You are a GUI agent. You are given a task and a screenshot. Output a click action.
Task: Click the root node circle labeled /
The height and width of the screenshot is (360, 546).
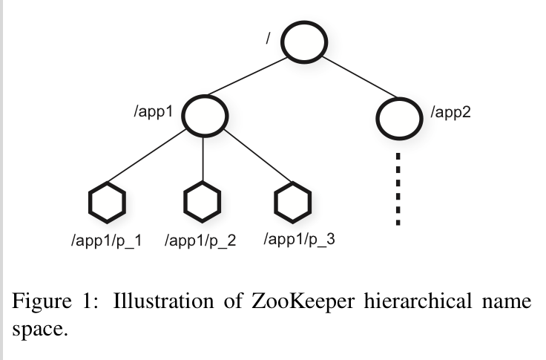point(303,45)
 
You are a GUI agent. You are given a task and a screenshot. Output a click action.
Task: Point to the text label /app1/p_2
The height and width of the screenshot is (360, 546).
point(200,240)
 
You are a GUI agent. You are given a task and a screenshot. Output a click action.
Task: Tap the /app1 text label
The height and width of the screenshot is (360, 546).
point(154,112)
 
